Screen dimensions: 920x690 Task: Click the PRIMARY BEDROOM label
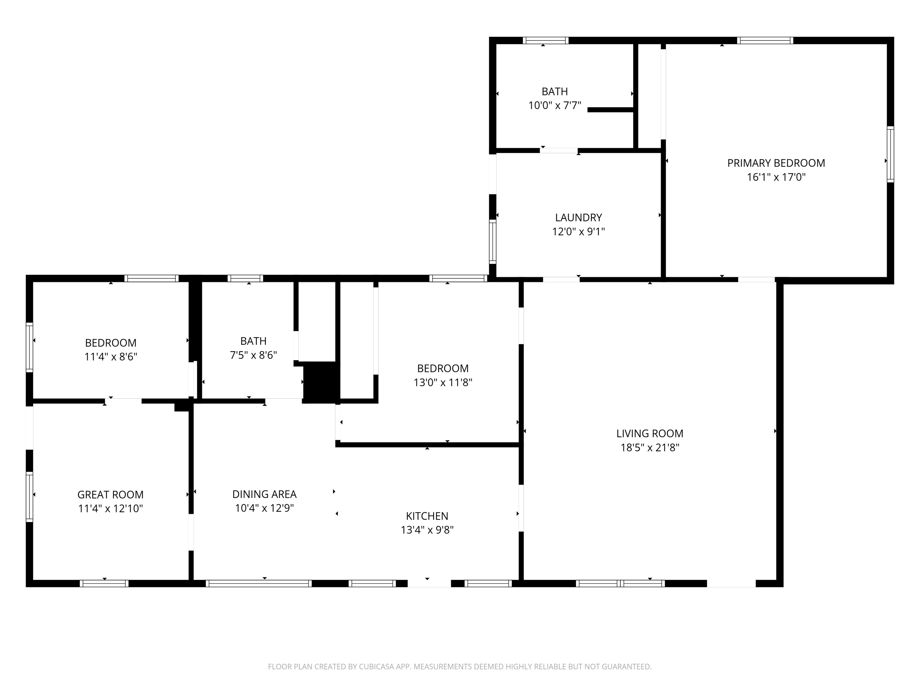point(776,163)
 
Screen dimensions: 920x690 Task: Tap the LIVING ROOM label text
point(650,433)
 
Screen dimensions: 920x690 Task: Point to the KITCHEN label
point(427,516)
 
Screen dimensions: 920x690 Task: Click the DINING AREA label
point(264,494)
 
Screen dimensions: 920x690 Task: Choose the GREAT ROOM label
point(110,494)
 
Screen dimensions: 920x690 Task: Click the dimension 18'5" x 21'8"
point(650,447)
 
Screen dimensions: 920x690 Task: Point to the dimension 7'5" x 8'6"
point(253,355)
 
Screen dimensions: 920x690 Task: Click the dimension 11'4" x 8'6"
point(111,357)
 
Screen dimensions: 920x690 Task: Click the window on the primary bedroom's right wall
point(890,154)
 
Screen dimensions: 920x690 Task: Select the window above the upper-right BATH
point(546,40)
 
